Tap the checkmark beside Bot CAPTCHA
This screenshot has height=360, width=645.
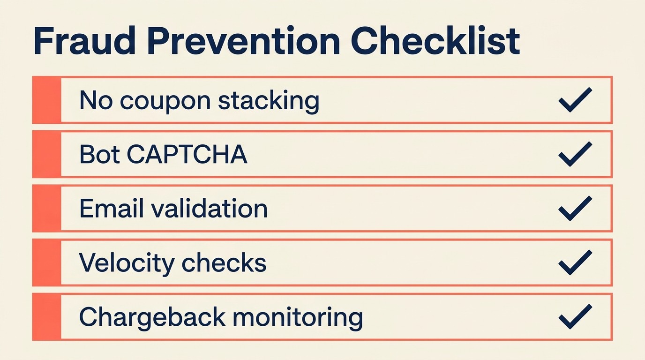(575, 154)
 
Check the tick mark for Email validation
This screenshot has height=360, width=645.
(575, 208)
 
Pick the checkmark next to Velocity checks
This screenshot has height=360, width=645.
(575, 262)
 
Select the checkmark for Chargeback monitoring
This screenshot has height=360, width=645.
(575, 317)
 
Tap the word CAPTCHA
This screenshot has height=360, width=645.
(187, 155)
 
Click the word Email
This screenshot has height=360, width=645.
(109, 209)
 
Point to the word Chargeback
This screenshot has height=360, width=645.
(152, 318)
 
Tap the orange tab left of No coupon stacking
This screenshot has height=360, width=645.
(46, 100)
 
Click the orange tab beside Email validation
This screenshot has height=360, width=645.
(46, 209)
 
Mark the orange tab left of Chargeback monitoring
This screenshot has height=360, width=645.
(46, 317)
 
